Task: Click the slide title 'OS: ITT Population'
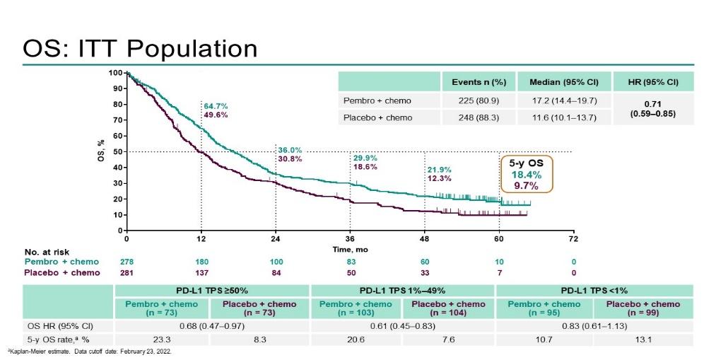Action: click(140, 49)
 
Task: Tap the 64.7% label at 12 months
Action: click(217, 105)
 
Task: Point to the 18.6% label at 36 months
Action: click(365, 167)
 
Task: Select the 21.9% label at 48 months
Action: click(438, 170)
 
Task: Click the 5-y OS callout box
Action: click(526, 174)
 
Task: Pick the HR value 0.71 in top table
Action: click(653, 103)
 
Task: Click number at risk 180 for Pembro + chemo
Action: click(202, 262)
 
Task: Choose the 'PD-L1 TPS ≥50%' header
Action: click(211, 290)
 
